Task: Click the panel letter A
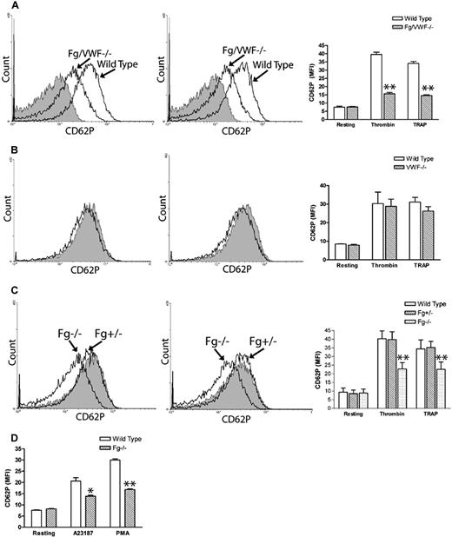(x=6, y=6)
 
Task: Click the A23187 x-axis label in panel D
(x=81, y=525)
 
